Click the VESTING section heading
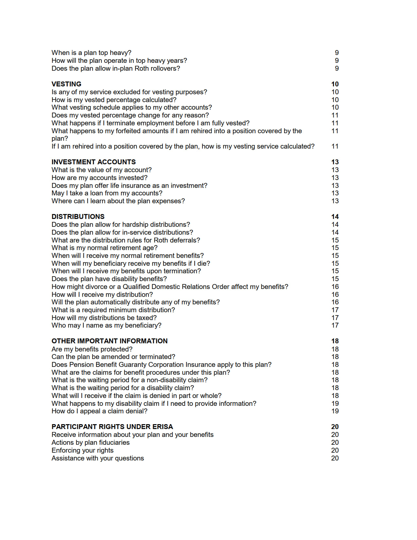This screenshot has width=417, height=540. tap(66, 84)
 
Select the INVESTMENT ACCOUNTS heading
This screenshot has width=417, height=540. tap(94, 162)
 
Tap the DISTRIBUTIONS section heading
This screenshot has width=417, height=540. tap(78, 217)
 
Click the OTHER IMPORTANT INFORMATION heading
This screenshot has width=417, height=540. tap(109, 341)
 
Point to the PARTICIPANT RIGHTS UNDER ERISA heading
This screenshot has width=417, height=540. tap(112, 427)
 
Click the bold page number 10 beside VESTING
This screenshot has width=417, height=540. tap(335, 84)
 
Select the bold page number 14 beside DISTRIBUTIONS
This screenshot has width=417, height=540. tap(335, 217)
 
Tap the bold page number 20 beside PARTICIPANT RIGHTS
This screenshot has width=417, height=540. tap(335, 427)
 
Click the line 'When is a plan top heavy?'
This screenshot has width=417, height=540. tap(91, 53)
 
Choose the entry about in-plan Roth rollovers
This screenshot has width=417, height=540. tap(116, 68)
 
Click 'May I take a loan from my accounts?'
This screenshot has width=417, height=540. tap(107, 193)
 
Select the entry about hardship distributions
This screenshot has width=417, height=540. tap(121, 225)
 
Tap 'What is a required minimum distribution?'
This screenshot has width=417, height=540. tap(113, 310)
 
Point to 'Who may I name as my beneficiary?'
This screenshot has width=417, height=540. tap(106, 325)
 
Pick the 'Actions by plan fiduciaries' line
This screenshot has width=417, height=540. tap(91, 442)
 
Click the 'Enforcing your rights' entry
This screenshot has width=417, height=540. tap(82, 450)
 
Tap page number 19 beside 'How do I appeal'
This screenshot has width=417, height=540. tap(335, 411)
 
